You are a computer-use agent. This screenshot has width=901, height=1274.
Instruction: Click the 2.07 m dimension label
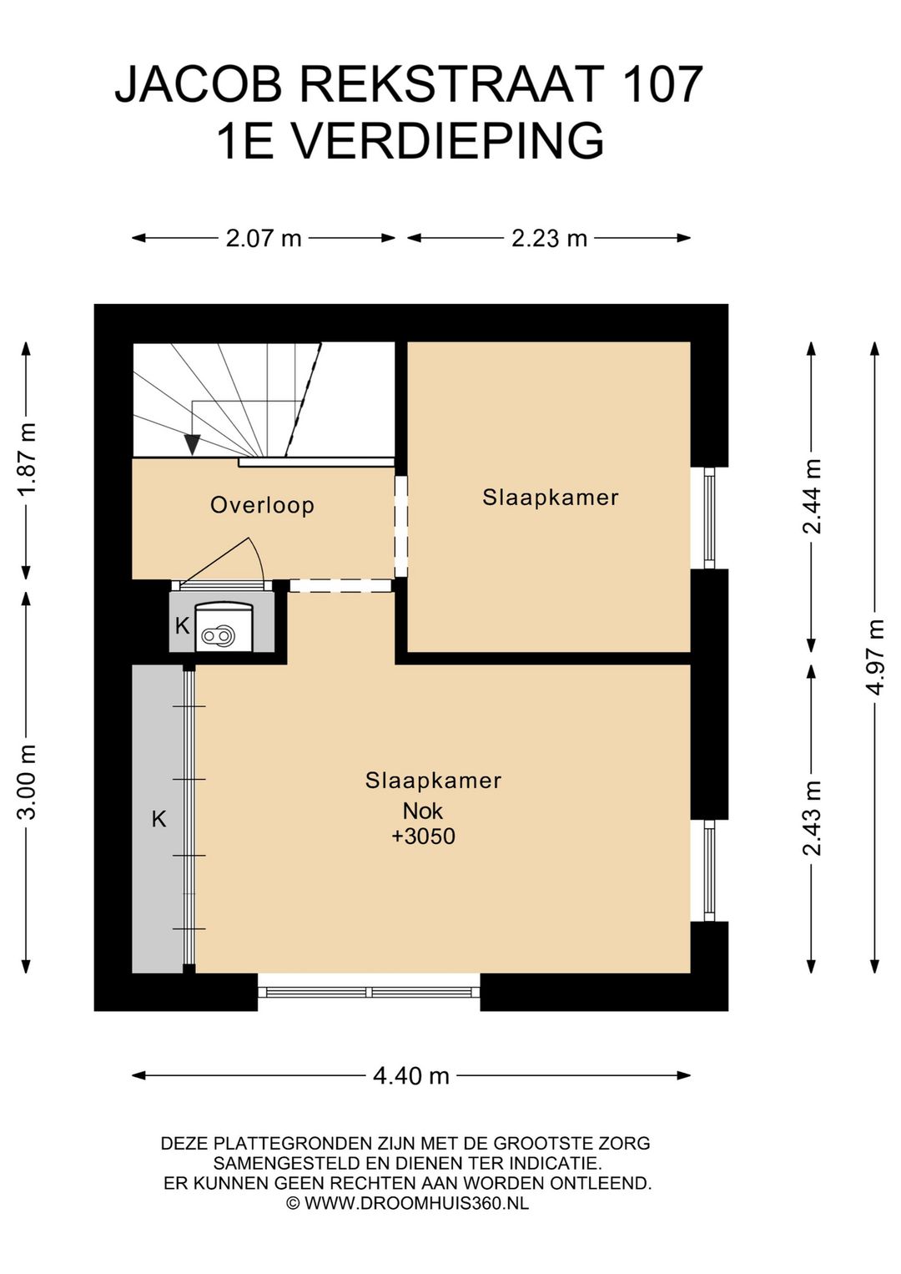click(x=263, y=238)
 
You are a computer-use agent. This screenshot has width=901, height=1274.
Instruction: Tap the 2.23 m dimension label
click(x=549, y=238)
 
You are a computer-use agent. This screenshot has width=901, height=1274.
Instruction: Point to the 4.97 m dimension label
click(x=876, y=656)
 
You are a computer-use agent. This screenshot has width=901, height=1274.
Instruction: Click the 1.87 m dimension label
click(x=27, y=458)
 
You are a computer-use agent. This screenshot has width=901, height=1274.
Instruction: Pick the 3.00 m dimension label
click(x=27, y=781)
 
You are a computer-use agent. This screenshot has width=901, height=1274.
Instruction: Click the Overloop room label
click(x=262, y=505)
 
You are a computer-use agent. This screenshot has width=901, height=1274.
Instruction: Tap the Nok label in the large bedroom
click(x=422, y=811)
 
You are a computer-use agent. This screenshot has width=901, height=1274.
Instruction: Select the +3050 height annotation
click(x=424, y=836)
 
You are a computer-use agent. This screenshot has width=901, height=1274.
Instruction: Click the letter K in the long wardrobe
click(x=159, y=819)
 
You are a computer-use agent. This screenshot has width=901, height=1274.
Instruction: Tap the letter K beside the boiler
click(x=182, y=626)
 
